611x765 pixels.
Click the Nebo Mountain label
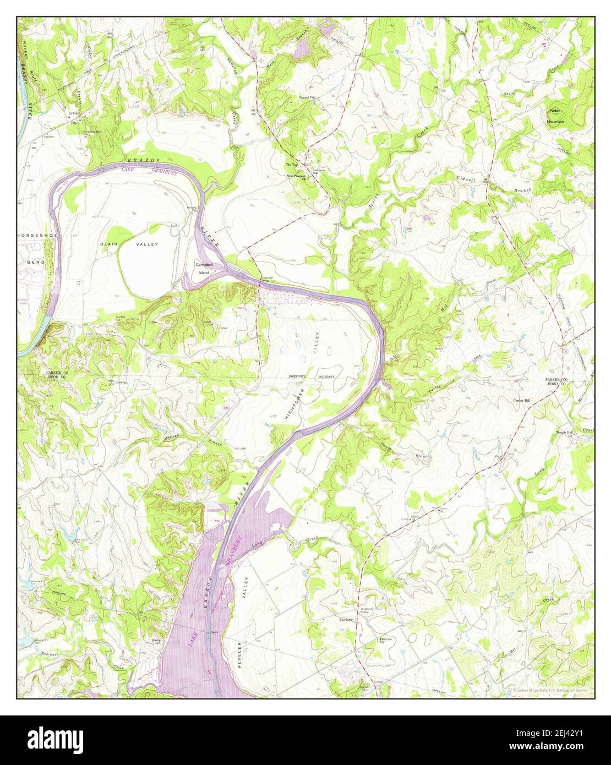click(x=554, y=116)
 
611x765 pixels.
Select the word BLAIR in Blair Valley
click(x=107, y=243)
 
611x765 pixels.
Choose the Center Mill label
click(x=521, y=400)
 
